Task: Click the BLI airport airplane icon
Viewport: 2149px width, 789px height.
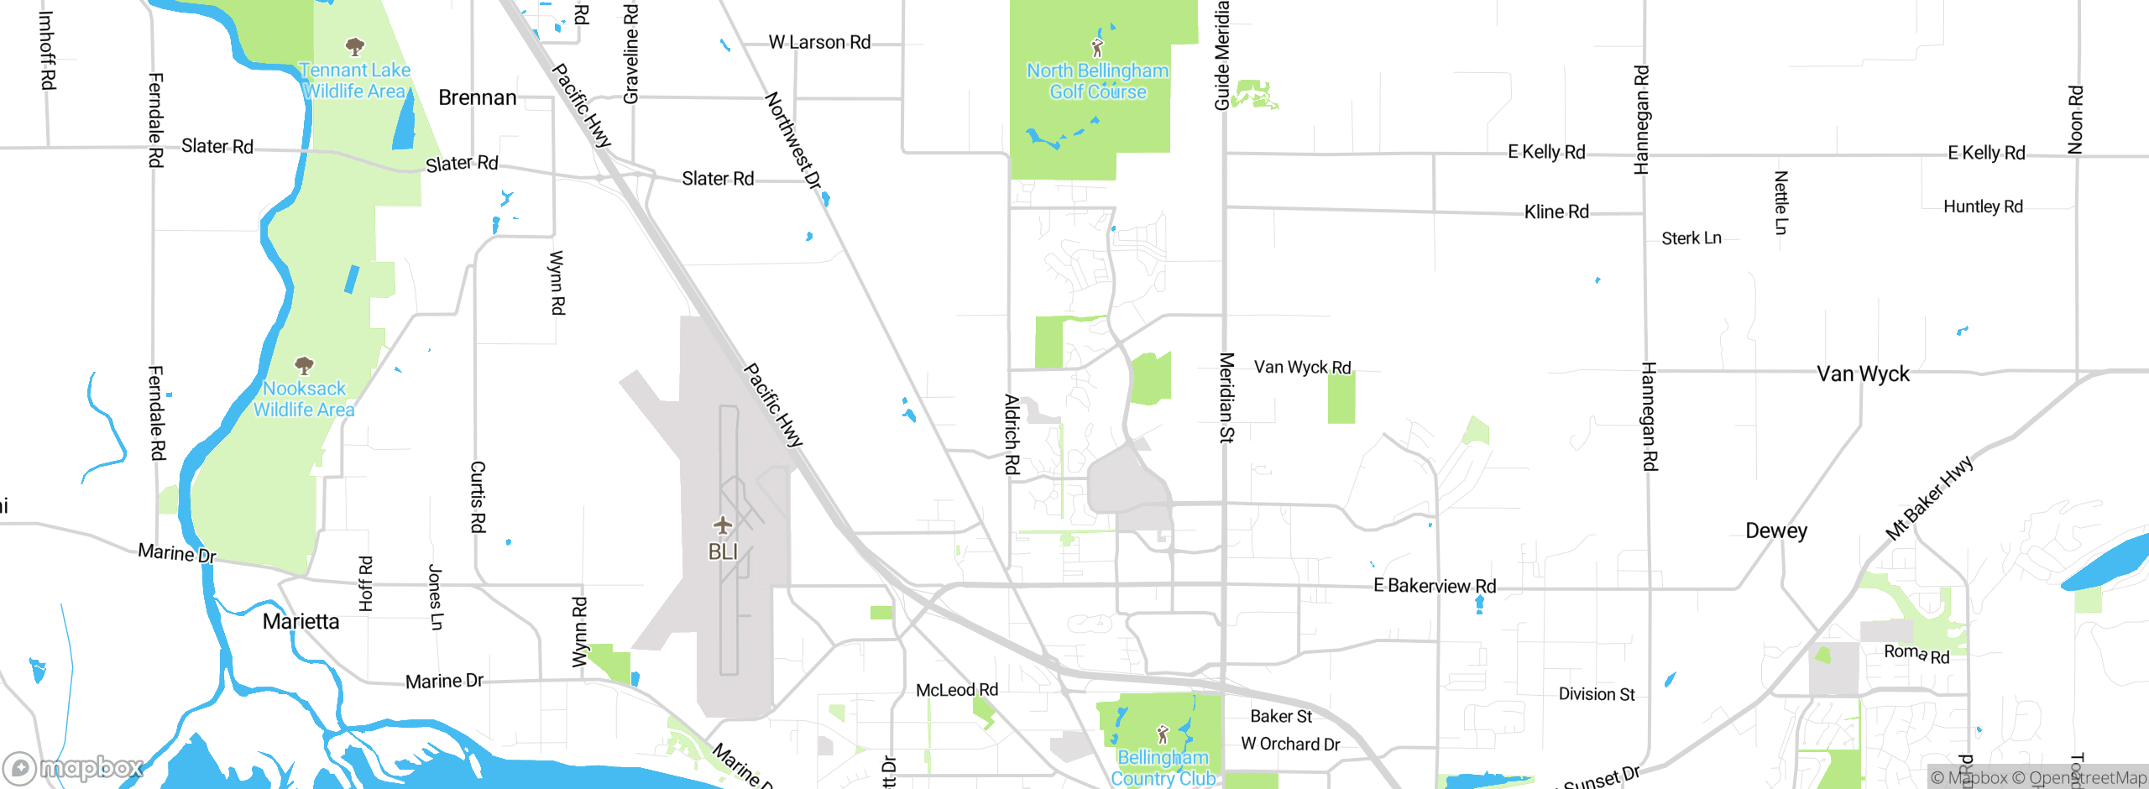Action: pos(723,526)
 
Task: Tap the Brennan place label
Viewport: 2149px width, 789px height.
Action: pos(477,98)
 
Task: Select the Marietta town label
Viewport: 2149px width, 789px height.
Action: pos(301,622)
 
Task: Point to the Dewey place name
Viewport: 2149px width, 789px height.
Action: pos(1776,531)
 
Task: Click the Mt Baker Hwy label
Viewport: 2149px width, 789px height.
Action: pos(1928,499)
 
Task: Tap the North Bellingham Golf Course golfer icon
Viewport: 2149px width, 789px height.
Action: pos(1097,47)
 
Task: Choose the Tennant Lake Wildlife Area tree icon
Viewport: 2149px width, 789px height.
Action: pos(355,46)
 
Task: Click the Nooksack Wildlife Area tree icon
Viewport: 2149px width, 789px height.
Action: pos(304,365)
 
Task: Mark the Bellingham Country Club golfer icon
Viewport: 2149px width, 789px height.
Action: pos(1163,734)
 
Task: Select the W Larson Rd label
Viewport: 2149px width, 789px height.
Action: pos(819,43)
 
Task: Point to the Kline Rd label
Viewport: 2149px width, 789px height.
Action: pos(1556,212)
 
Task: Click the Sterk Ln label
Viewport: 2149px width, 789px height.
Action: pos(1691,239)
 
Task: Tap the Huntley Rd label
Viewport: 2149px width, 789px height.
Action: pos(1983,207)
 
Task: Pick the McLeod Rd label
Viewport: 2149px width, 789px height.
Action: pos(957,690)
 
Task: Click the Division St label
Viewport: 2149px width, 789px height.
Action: pos(1597,694)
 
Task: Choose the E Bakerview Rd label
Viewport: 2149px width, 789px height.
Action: pos(1435,586)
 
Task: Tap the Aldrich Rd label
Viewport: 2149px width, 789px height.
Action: pos(1012,434)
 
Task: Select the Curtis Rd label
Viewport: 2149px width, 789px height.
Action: pos(478,496)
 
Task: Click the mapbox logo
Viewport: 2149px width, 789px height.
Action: pos(73,767)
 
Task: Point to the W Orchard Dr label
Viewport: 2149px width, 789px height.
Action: pos(1290,745)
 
